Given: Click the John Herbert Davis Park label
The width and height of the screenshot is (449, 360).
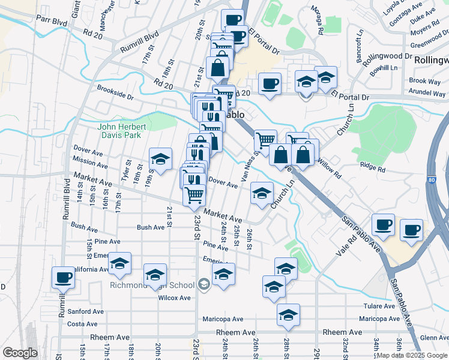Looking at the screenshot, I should click(x=122, y=131).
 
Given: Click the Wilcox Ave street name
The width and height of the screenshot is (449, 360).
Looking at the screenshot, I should click(x=175, y=298).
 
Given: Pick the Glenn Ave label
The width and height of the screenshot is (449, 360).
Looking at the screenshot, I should click(x=433, y=338).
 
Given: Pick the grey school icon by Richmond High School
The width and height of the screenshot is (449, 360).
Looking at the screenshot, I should click(x=203, y=284).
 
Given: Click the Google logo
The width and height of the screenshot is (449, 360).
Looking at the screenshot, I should click(x=20, y=353).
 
